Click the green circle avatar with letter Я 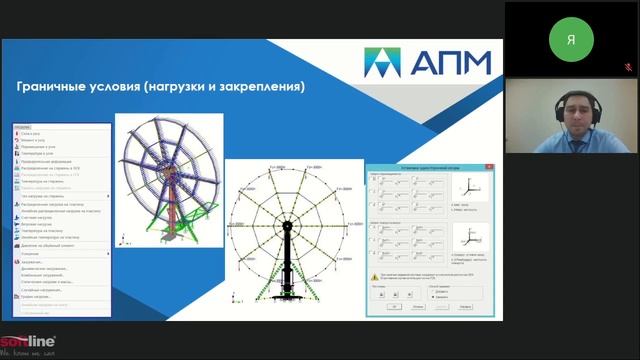pyautogui.click(x=571, y=39)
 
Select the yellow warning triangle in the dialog pyautogui.click(x=374, y=274)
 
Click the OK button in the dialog pyautogui.click(x=396, y=307)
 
